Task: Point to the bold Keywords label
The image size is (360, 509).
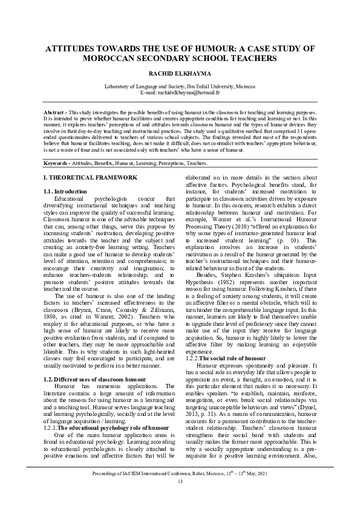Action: (x=59, y=164)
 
